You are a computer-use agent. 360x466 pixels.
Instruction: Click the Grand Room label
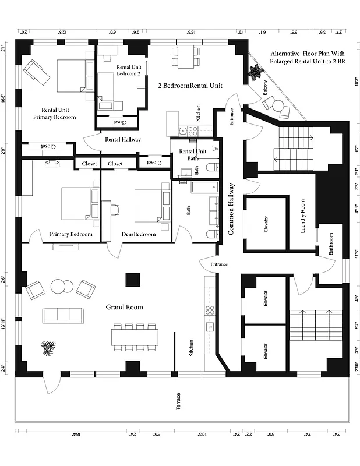[125, 306]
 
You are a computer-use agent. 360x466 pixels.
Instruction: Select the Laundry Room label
[303, 216]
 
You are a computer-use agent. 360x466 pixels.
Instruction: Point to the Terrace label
[178, 402]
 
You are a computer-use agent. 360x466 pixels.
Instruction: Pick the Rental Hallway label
[123, 139]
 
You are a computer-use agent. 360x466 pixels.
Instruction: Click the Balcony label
[266, 87]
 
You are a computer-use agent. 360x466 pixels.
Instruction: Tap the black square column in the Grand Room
[132, 280]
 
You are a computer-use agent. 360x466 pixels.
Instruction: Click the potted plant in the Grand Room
[48, 348]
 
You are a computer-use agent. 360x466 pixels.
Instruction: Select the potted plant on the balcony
[255, 72]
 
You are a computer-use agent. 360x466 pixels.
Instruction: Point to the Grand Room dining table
[135, 337]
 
